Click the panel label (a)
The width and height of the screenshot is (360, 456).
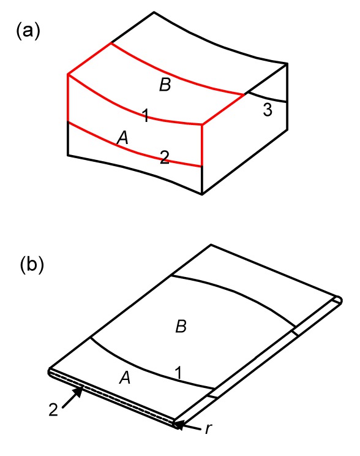click(28, 31)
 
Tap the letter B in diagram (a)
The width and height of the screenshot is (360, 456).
click(165, 85)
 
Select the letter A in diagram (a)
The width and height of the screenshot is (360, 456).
click(122, 138)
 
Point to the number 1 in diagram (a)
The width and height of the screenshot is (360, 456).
click(145, 115)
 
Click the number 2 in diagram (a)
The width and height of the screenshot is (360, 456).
click(165, 158)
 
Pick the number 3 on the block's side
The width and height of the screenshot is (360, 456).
click(268, 110)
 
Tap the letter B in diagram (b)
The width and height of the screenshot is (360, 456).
click(181, 326)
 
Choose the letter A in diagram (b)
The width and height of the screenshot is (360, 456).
click(125, 378)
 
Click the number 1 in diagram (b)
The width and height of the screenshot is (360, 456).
click(178, 373)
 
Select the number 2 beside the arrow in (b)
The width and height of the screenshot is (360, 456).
click(53, 410)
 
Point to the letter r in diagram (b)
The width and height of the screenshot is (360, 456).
click(208, 428)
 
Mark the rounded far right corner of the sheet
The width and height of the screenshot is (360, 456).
click(339, 300)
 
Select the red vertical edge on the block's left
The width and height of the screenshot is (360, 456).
click(68, 97)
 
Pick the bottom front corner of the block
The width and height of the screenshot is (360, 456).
click(202, 194)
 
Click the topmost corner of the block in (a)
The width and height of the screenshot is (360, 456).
click(154, 12)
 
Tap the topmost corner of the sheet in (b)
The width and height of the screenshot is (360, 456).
click(211, 245)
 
